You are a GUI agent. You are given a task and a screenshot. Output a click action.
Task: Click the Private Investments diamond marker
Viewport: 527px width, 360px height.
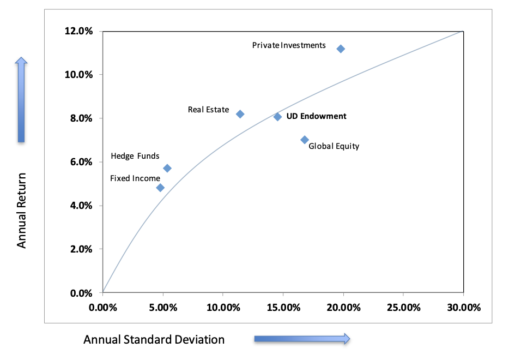pos(341,49)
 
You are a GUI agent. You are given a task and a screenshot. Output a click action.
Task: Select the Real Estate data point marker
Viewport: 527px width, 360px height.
pos(240,114)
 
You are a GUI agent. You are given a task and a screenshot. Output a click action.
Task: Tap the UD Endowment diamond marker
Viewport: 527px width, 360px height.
pos(277,117)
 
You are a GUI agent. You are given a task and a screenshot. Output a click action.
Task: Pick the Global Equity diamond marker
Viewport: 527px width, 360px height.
pos(305,140)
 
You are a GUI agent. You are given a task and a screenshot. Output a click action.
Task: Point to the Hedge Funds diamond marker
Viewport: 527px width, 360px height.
pos(167,168)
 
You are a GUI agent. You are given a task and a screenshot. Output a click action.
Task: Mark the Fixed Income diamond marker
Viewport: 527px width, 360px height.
pos(160,188)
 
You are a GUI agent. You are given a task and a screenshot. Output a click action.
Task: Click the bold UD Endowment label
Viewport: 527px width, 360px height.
pos(316,116)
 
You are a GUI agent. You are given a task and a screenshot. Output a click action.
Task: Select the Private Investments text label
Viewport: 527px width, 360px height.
pos(289,45)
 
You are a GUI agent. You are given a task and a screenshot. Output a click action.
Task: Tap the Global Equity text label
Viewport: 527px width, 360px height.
pos(334,146)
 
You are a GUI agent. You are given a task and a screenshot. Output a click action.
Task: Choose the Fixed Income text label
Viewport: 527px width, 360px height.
pos(135,178)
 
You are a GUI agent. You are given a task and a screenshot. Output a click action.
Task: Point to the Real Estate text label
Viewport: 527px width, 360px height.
pos(208,110)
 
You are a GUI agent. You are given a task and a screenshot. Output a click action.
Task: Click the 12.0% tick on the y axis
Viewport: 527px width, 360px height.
pos(80,31)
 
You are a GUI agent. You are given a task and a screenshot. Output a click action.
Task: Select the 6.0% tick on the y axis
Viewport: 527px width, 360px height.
pos(82,162)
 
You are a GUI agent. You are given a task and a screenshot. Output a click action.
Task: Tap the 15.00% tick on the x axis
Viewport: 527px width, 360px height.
pos(283,307)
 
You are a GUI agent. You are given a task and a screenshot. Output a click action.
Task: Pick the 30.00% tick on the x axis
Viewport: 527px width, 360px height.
pos(463,307)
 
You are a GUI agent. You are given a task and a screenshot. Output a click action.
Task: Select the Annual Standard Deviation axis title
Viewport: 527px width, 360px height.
pos(154,340)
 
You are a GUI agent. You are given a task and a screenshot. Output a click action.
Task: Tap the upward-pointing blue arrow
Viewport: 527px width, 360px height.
pos(21,99)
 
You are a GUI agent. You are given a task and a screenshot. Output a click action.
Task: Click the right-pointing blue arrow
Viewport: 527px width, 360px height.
pos(302,339)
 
